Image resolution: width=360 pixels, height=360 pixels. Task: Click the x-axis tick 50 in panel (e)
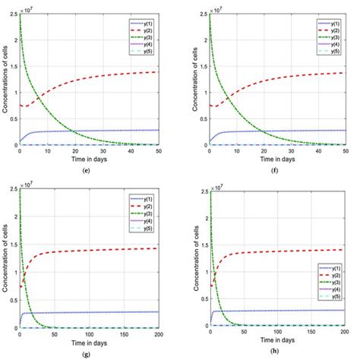[159, 152]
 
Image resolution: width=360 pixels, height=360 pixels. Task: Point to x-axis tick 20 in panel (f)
[264, 152]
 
